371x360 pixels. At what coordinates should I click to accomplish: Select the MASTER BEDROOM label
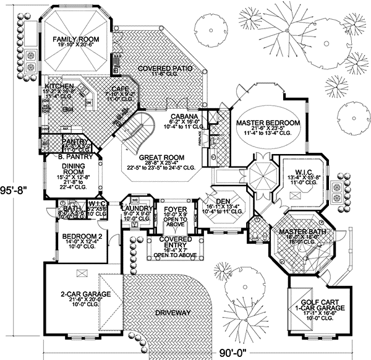268,124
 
